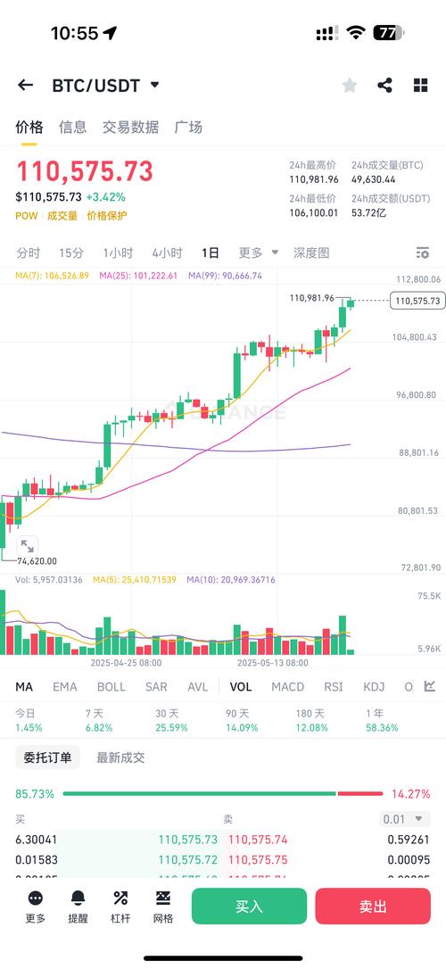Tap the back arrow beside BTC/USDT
coord(25,85)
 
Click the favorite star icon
coord(350,85)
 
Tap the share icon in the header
coord(385,85)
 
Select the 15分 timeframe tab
coord(71,253)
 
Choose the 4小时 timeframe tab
coord(167,253)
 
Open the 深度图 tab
coord(311,253)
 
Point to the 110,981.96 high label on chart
coord(312,298)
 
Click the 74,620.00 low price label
coord(37,561)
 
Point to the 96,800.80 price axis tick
coord(417,394)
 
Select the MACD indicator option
coord(287,686)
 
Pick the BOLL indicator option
coord(111,686)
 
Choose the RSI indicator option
coord(334,686)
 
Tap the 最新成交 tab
coord(120,758)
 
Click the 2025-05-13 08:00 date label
coord(273,663)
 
